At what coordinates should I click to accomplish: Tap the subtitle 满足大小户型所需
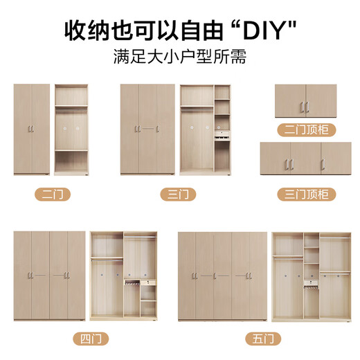coord(180,57)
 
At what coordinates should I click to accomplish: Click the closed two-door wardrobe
coord(32,129)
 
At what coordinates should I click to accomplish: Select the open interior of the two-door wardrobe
coord(72,129)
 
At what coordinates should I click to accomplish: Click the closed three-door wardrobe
coord(147,129)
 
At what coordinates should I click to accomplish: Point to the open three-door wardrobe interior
coord(205,129)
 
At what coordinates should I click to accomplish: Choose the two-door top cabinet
coord(305,101)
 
